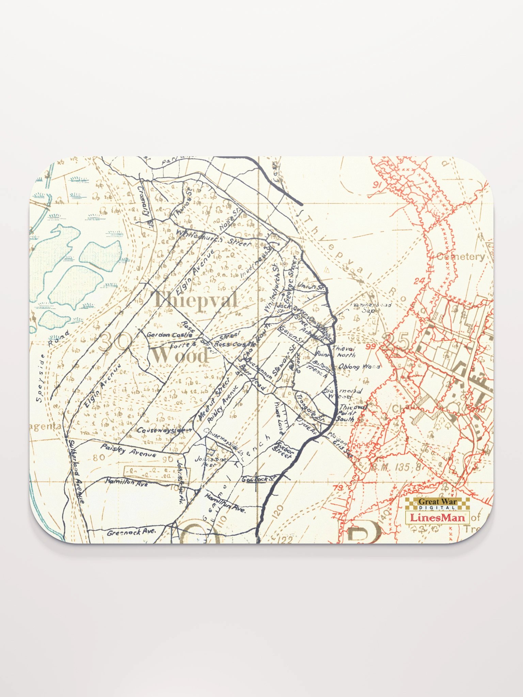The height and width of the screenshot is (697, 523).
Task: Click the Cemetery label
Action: click(x=460, y=257)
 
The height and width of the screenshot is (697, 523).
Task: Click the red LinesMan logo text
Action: click(x=437, y=518)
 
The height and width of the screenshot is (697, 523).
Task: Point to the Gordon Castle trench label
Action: click(x=169, y=335)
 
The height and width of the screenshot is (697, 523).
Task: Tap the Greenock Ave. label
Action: click(x=131, y=532)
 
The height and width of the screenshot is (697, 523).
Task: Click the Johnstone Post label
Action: click(x=206, y=461)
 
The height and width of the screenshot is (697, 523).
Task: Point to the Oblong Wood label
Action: click(x=359, y=367)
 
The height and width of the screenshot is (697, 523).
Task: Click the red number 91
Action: click(x=376, y=185)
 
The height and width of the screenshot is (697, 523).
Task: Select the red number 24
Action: click(x=420, y=281)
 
